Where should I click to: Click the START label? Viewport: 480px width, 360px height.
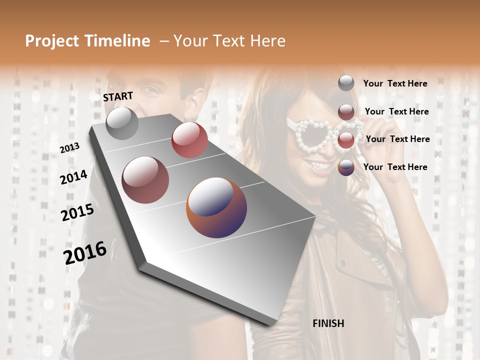[x=118, y=96]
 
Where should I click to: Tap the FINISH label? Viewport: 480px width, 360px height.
[x=328, y=323]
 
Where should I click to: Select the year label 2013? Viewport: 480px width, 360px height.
[x=69, y=147]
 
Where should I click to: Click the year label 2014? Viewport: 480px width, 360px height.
[x=73, y=177]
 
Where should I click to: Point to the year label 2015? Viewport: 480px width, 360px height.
[x=77, y=212]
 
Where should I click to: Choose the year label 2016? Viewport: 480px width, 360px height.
[x=85, y=252]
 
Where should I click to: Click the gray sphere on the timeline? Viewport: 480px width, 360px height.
[x=122, y=123]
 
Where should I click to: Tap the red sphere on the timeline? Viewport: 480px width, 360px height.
[x=189, y=140]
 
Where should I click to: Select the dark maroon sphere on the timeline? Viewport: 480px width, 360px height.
[x=145, y=179]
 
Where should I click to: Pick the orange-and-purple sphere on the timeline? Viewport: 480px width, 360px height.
[x=216, y=207]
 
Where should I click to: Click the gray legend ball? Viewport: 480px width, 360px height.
[x=346, y=83]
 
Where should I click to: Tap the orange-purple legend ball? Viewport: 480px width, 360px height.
[x=346, y=167]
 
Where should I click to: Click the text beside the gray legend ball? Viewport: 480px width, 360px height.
[x=395, y=83]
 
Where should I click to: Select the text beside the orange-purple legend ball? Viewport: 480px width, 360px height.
[x=395, y=167]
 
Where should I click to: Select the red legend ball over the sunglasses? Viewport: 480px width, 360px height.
[x=346, y=140]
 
